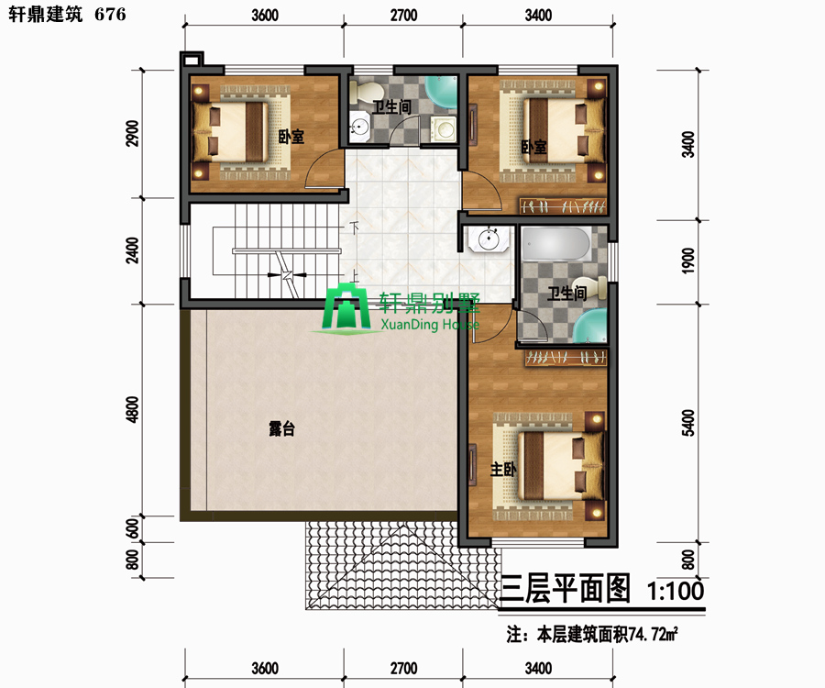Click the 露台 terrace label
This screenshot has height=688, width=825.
281,428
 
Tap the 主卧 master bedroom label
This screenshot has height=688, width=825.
503,469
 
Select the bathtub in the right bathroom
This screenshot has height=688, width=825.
556,243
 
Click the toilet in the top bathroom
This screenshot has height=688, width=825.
362,93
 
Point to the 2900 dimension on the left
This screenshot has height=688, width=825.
133,134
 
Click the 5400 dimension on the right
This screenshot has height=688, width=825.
688,423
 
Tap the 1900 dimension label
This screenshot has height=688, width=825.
688,261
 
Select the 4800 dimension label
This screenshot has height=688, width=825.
133,409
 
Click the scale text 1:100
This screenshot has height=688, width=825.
675,591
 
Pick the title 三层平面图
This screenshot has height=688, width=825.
565,589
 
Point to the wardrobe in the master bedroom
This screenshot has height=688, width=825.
566,359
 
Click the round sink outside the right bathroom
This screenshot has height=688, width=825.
489,240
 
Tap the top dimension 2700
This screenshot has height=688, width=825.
403,16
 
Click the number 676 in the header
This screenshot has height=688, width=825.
111,14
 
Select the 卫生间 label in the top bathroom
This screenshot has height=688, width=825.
391,106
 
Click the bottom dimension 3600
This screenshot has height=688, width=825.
265,669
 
